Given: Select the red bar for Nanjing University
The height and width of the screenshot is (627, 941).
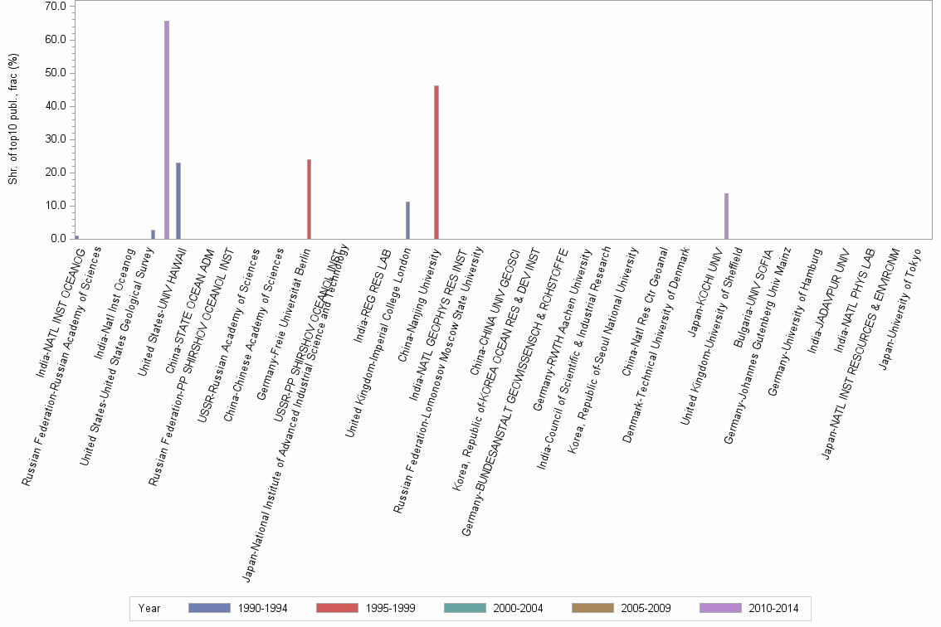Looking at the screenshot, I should pos(436,163).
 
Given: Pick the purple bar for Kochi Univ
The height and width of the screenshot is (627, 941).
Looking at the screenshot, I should pos(726,216).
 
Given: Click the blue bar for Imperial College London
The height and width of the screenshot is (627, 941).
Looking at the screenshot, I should pos(407,221).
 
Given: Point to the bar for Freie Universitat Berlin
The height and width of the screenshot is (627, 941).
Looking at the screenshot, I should pos(309,199).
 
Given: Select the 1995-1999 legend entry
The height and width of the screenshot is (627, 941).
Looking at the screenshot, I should pos(366,608).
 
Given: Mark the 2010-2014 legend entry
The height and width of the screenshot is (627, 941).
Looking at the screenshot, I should pos(749,608).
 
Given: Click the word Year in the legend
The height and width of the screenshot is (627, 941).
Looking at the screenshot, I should pos(150,608).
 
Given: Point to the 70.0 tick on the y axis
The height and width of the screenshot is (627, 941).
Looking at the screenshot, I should pos(55,7).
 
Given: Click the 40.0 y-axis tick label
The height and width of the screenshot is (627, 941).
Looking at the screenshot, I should pos(55,106).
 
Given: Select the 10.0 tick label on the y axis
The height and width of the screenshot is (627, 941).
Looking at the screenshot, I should pos(55,206).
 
